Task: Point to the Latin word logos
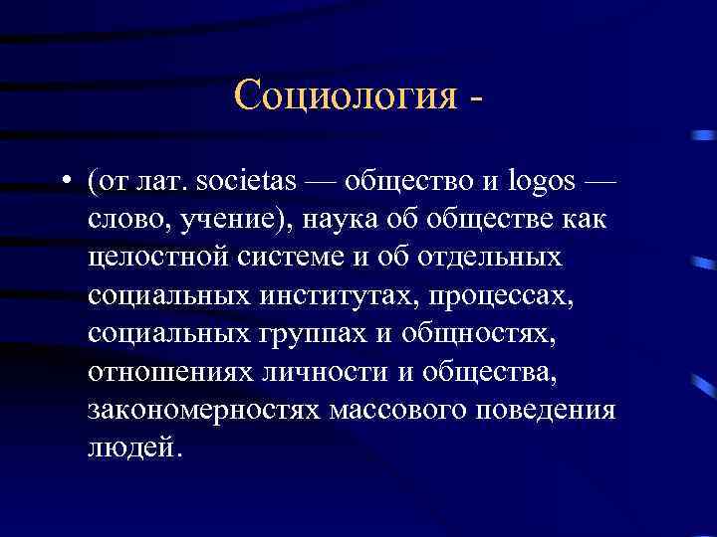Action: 545,183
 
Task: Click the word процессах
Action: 518,294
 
